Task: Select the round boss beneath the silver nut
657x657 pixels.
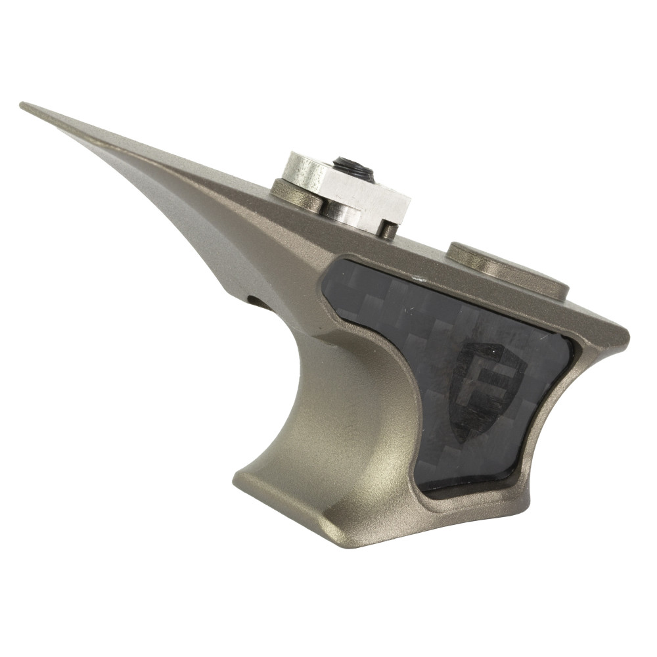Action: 296,195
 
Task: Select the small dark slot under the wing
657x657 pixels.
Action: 258,301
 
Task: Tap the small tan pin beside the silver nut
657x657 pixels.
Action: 389,230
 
